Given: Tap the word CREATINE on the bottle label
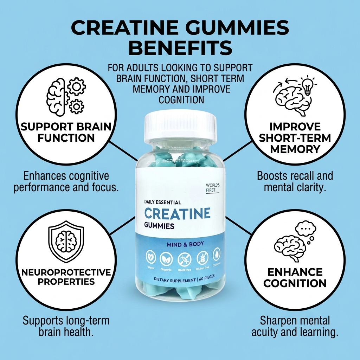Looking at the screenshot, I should tap(177, 213).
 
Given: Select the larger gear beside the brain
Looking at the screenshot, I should tap(77, 87).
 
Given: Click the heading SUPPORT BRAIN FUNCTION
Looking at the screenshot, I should tap(66, 132).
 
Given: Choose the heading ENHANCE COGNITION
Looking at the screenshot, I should tap(295, 277).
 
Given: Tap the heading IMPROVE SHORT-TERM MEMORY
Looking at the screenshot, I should tap(295, 138).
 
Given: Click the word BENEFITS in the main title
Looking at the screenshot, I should tap(180, 48).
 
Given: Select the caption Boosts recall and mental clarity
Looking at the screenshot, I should tap(295, 181).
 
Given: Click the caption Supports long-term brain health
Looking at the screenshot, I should tap(66, 326).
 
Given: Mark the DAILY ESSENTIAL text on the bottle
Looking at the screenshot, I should tap(162, 202).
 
